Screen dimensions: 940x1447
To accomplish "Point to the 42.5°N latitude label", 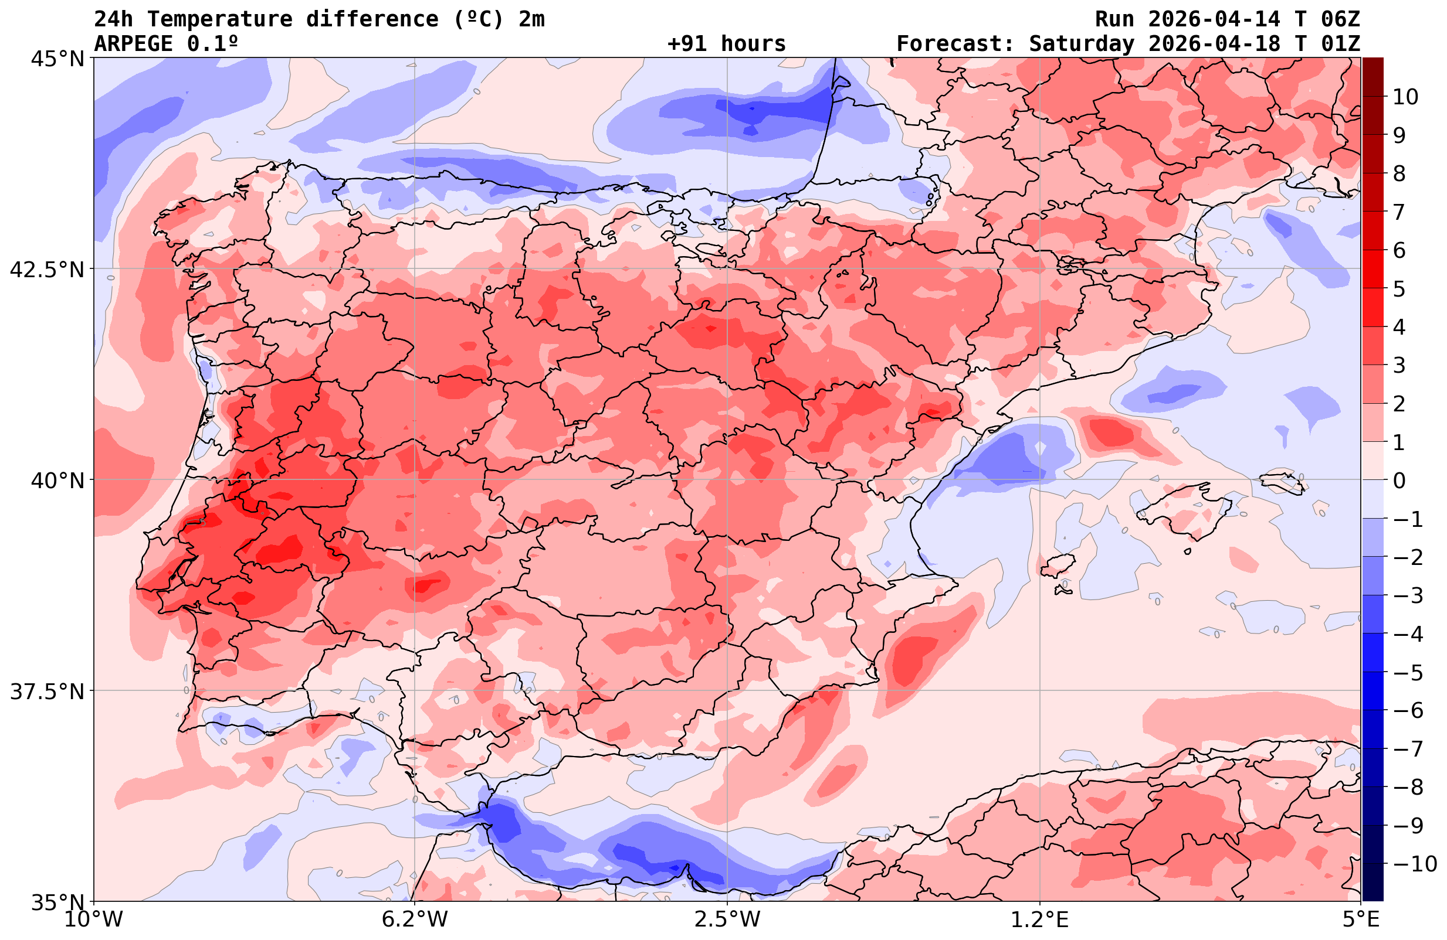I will tap(47, 269).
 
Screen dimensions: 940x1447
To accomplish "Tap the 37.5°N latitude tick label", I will tap(47, 692).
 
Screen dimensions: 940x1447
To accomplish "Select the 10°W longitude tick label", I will tap(93, 919).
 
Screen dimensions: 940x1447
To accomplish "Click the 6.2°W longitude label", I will tap(415, 919).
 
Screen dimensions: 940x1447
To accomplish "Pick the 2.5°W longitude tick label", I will tap(727, 919).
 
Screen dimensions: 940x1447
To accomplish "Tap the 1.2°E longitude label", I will tap(1040, 919).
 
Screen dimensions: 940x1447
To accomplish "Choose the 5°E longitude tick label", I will tap(1361, 919).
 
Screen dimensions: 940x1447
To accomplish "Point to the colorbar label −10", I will tap(1412, 863).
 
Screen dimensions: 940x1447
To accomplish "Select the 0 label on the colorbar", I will tap(1399, 481).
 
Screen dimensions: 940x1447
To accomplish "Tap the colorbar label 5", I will tap(1399, 289).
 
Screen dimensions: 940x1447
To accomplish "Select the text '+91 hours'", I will tap(727, 44).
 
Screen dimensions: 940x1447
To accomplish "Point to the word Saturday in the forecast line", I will tap(1082, 44).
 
